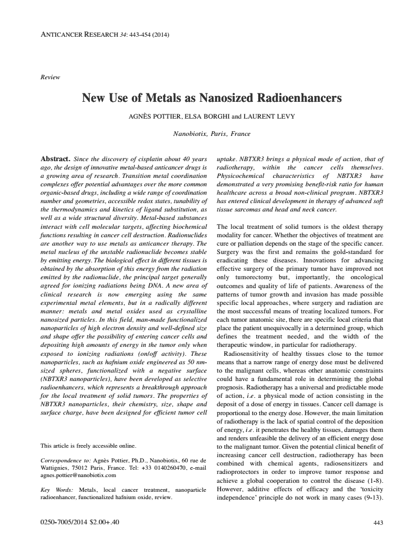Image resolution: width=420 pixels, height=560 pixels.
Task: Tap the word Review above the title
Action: [50, 77]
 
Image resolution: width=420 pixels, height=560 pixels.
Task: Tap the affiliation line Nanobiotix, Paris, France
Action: [212, 133]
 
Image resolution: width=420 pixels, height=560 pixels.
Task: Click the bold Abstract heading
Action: [55, 159]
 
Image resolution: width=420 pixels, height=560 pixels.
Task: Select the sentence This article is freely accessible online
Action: [88, 446]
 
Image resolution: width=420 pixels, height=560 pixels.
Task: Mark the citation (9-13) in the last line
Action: [372, 496]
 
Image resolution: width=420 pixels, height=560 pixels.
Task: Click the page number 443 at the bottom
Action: [378, 523]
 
